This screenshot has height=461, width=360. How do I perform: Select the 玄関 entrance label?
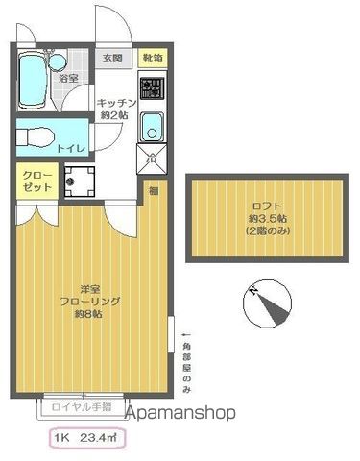pos(114,59)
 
